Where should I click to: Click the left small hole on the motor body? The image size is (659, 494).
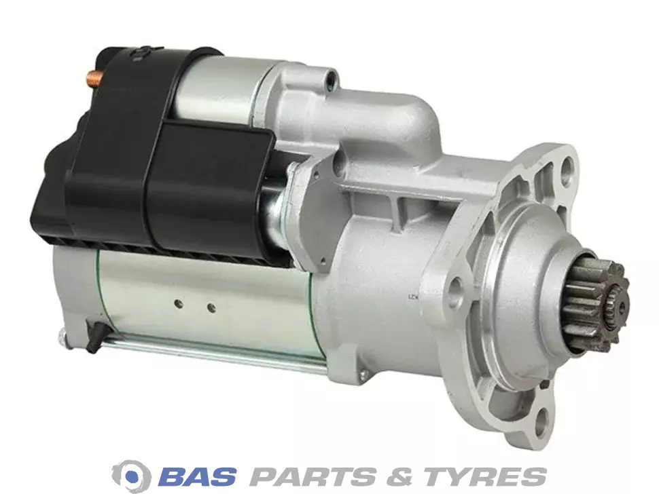click(179, 303)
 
